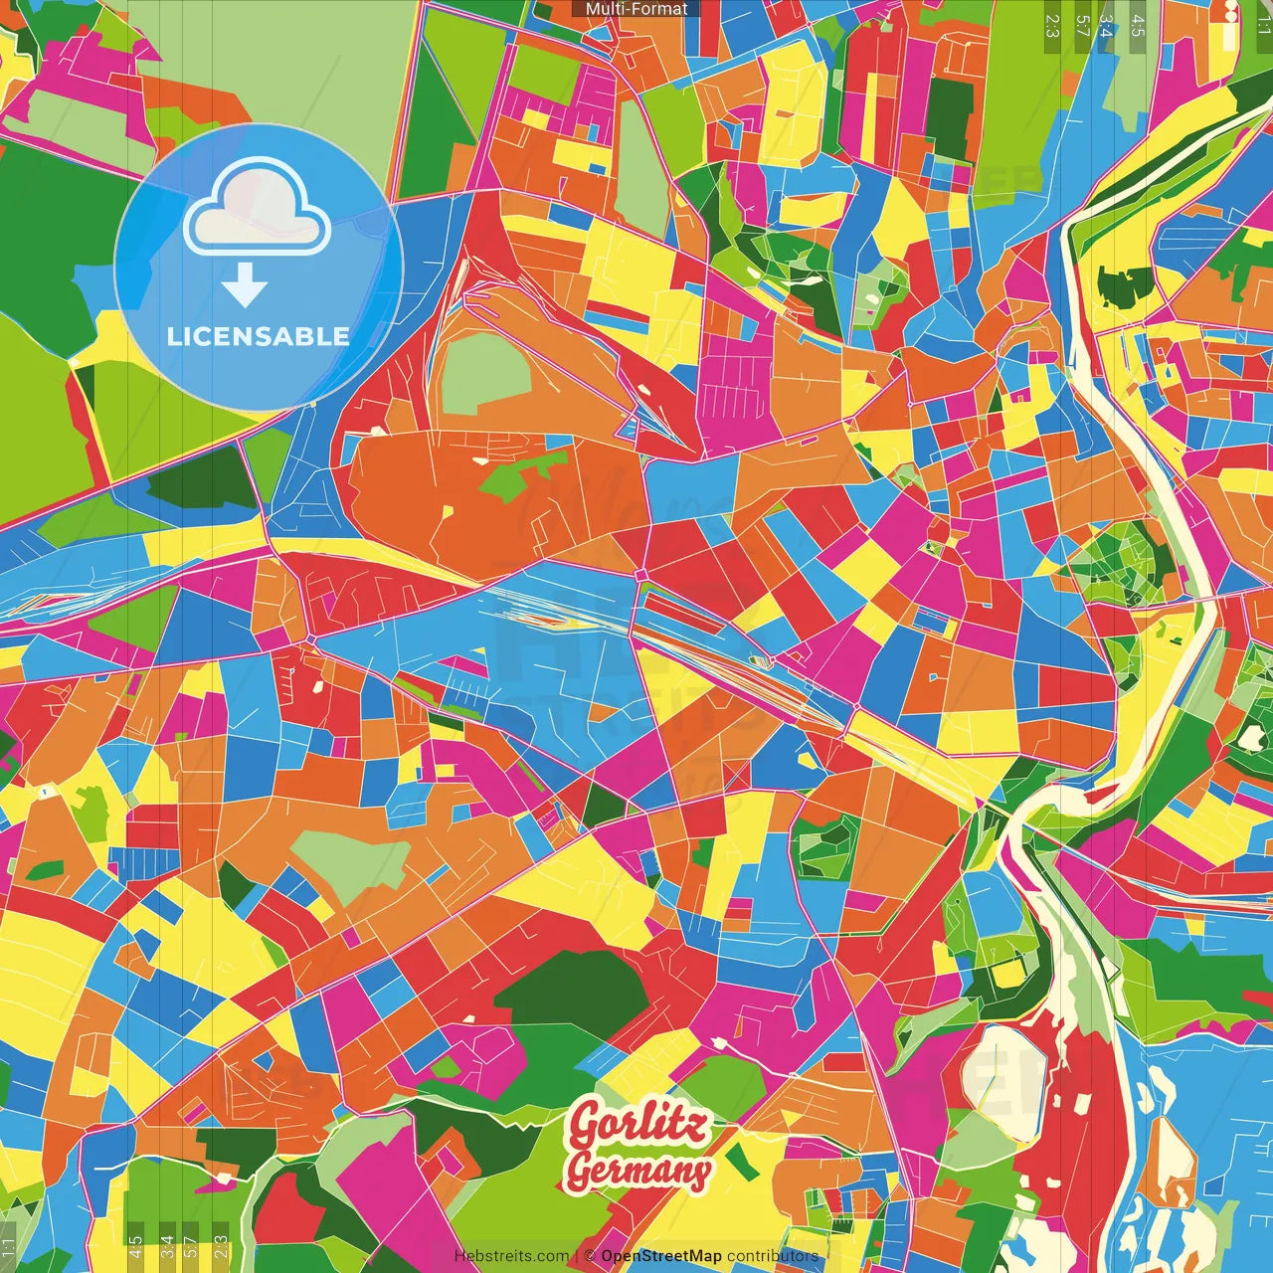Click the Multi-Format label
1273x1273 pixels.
point(636,9)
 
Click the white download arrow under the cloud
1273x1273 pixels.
point(245,286)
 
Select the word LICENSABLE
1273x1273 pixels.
point(259,336)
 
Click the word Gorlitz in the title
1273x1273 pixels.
point(638,1125)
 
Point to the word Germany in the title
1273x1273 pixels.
point(638,1172)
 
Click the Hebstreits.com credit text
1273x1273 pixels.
point(511,1256)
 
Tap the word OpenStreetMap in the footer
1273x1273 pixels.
point(660,1256)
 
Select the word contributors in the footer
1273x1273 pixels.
point(772,1256)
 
